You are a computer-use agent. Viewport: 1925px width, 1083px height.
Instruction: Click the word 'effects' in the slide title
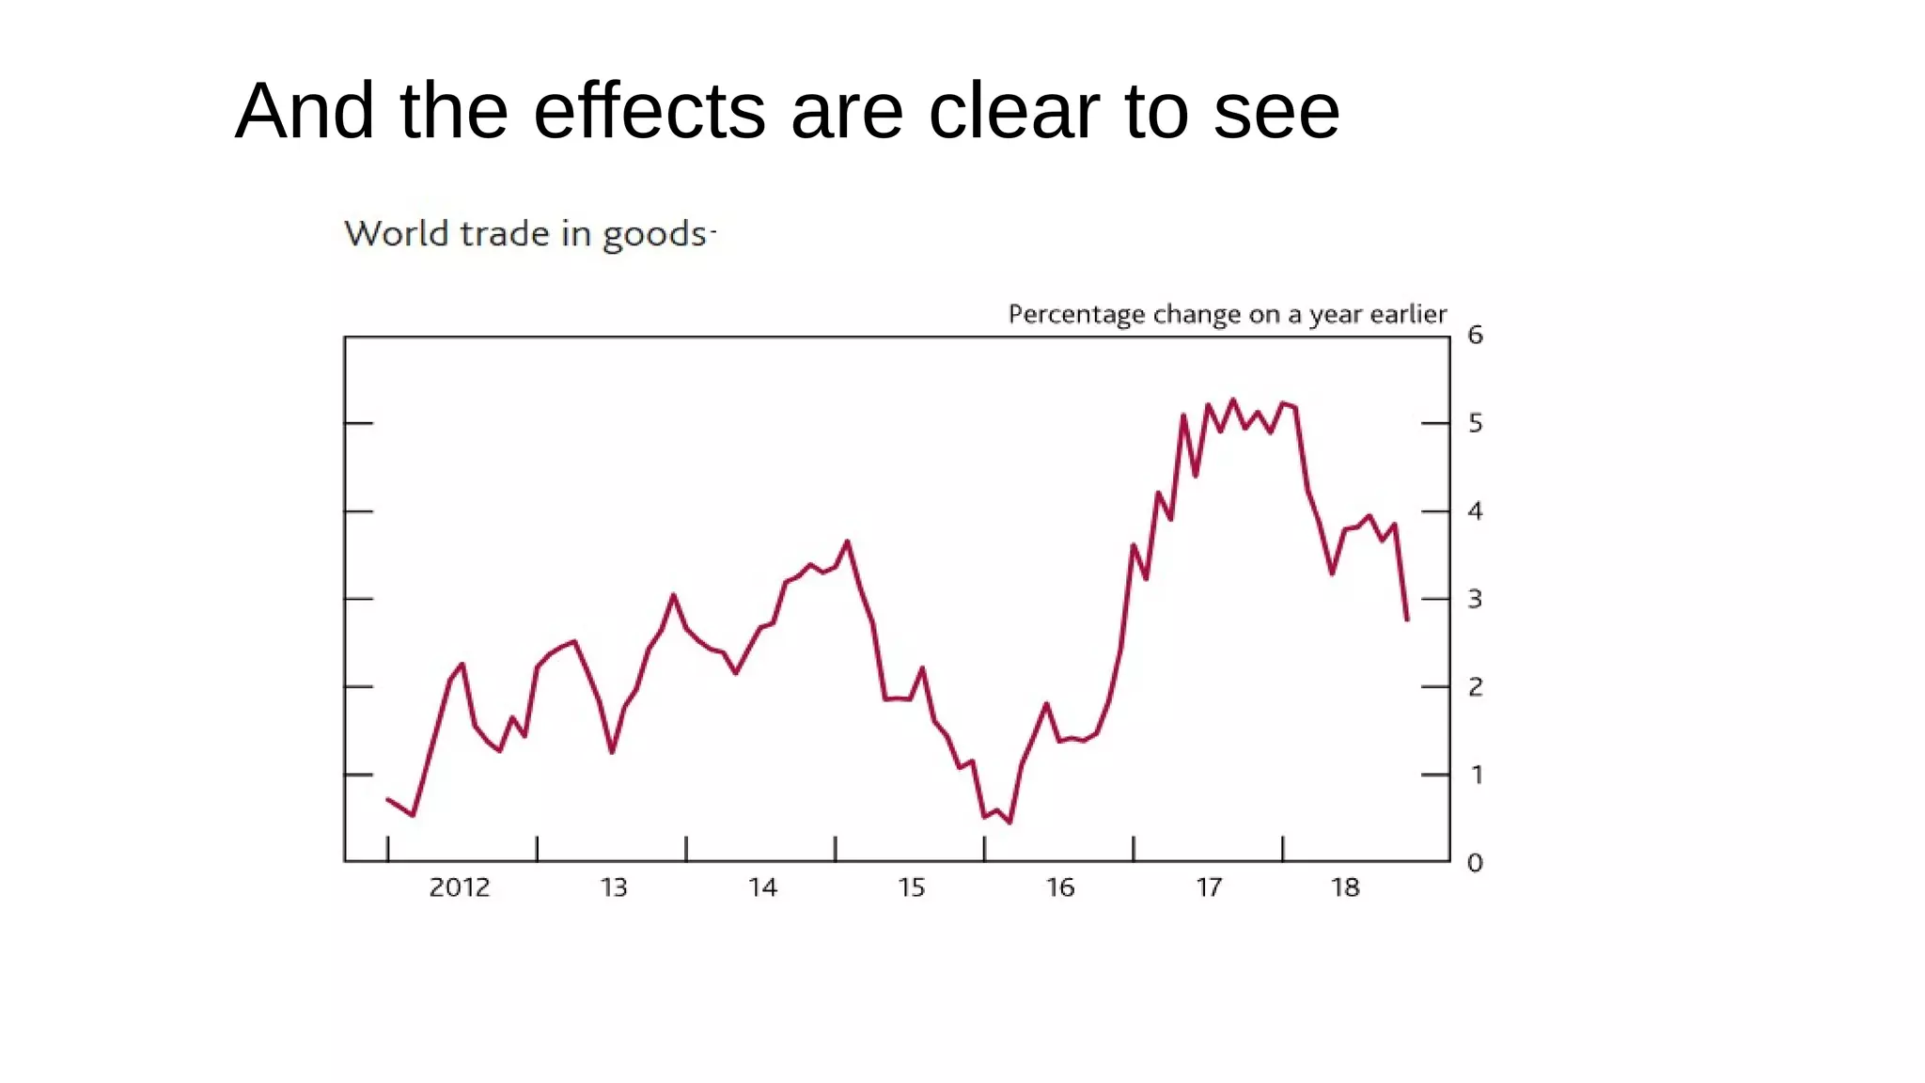click(x=649, y=111)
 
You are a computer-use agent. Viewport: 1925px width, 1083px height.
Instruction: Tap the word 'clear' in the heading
click(x=1013, y=111)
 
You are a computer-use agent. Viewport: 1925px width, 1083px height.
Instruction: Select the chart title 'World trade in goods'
click(x=525, y=233)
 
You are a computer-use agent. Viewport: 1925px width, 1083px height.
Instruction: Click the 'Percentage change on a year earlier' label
click(x=1227, y=314)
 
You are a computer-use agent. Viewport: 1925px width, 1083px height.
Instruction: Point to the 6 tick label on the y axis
click(x=1475, y=335)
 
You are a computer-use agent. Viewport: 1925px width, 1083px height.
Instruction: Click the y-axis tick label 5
click(x=1475, y=423)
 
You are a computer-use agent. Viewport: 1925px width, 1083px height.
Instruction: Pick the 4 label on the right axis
click(x=1475, y=511)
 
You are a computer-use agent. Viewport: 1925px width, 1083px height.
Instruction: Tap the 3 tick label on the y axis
click(x=1475, y=599)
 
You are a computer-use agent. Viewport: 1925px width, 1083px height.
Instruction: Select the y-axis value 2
click(x=1475, y=687)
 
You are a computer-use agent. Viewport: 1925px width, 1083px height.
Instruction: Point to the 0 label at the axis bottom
click(x=1475, y=862)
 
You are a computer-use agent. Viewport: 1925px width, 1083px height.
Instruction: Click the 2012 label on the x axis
click(x=460, y=887)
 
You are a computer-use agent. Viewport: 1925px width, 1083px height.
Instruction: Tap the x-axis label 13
click(x=614, y=887)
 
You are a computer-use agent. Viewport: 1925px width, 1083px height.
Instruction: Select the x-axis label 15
click(x=911, y=887)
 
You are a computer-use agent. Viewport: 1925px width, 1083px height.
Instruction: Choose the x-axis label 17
click(x=1209, y=887)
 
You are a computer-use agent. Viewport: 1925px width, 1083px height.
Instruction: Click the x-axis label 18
click(x=1345, y=887)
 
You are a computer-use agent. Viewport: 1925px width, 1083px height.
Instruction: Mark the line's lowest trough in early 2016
click(x=1009, y=823)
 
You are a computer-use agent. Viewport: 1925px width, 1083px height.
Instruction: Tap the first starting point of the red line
click(x=387, y=799)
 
